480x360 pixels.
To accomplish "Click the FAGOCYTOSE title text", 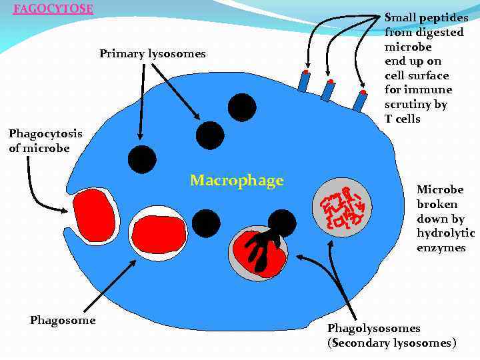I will (53, 9).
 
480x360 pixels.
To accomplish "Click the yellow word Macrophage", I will (237, 181).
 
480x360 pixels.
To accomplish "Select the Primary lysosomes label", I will (153, 53).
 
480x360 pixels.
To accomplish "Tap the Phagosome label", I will (63, 321).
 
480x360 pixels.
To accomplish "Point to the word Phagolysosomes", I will (373, 328).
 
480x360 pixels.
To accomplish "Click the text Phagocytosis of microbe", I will (45, 140).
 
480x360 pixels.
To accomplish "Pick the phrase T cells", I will (403, 119).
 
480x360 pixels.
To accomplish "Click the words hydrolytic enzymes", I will (445, 240).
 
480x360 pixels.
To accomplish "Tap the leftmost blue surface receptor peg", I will (304, 81).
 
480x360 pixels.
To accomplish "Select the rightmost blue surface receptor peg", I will (361, 100).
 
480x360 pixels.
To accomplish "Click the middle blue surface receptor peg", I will (328, 89).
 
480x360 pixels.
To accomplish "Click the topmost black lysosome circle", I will (241, 107).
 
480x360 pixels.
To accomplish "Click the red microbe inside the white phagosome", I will (158, 233).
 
